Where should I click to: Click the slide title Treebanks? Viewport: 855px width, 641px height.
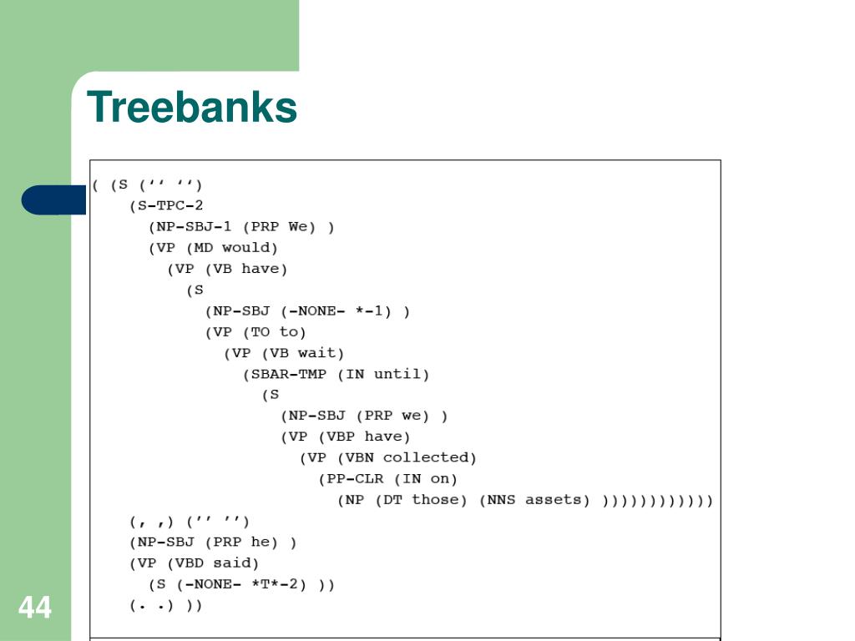coord(192,108)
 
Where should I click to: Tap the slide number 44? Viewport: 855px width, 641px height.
coord(34,607)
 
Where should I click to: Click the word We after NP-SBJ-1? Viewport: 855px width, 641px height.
coord(298,226)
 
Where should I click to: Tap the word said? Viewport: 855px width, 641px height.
coord(237,563)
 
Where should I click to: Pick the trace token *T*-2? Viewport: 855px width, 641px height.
coord(275,584)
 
